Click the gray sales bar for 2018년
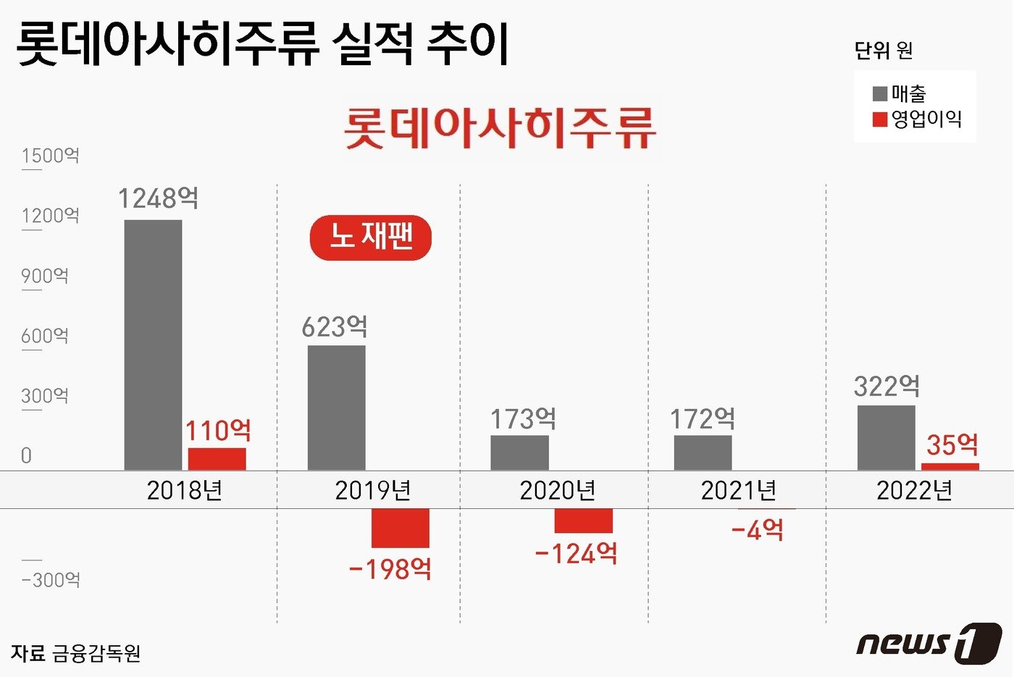point(153,345)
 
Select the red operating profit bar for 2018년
point(217,459)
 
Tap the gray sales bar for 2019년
point(336,408)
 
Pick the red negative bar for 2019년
point(400,528)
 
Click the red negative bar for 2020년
point(583,521)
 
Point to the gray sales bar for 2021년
point(703,453)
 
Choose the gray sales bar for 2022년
point(886,437)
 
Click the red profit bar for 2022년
point(950,466)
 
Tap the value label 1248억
point(158,198)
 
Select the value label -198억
point(390,569)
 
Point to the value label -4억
point(758,530)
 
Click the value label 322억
point(887,386)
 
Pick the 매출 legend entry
point(900,94)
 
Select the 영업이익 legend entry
point(918,119)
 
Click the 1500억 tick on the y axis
point(50,156)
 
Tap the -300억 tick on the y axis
point(51,580)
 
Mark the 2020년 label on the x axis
point(557,491)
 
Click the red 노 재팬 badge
point(371,237)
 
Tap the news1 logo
point(929,642)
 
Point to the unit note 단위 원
point(883,51)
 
